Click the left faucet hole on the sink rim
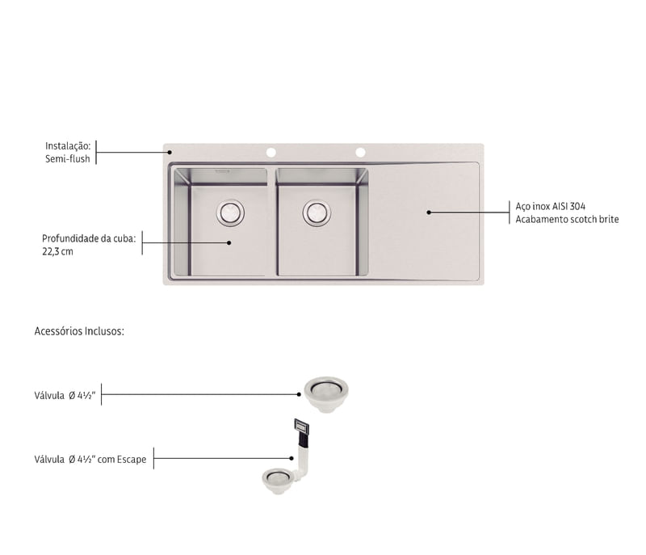[x=271, y=153]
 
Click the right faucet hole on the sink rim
[x=360, y=153]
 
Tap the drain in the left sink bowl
[x=230, y=213]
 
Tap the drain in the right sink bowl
[x=317, y=213]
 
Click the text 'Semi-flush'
[x=68, y=158]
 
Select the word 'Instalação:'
[x=68, y=146]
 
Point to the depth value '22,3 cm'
[x=57, y=251]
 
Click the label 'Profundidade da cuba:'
[x=89, y=238]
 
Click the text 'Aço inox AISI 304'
[x=551, y=206]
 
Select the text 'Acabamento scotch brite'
[x=567, y=219]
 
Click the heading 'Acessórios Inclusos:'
[x=79, y=331]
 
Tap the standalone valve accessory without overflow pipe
[x=326, y=394]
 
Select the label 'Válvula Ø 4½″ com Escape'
[x=90, y=459]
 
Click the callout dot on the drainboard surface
[x=429, y=212]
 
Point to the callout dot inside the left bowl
[x=229, y=242]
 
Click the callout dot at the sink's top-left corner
[x=170, y=152]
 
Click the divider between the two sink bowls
[x=272, y=221]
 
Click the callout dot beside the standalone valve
[x=299, y=394]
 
